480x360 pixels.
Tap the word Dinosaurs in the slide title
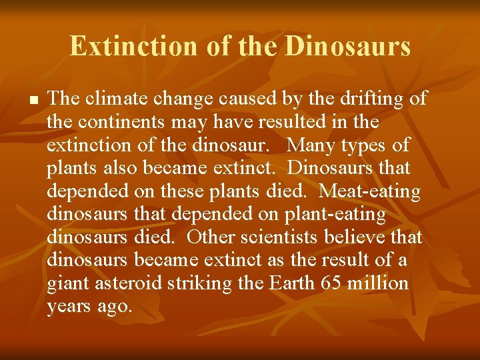[347, 47]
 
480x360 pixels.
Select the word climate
[117, 99]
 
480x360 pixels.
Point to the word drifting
[367, 99]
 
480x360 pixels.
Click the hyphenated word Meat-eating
[370, 192]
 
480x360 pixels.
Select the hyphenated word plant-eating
[335, 215]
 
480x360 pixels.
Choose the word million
[377, 284]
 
